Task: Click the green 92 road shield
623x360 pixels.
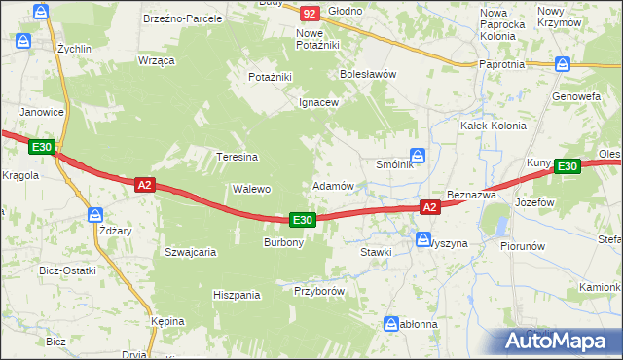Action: click(x=310, y=13)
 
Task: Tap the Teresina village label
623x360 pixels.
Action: click(x=237, y=156)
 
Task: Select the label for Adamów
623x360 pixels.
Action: click(x=332, y=185)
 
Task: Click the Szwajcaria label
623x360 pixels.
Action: click(x=190, y=251)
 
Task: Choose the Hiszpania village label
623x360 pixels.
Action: click(x=238, y=294)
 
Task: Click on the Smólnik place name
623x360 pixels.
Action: click(x=395, y=164)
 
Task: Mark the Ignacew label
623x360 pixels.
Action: click(x=318, y=102)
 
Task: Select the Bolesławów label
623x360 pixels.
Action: click(x=368, y=73)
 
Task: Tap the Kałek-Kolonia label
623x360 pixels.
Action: click(x=493, y=126)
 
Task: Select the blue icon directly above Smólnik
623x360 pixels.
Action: click(x=417, y=154)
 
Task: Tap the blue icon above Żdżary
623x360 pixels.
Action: click(x=94, y=215)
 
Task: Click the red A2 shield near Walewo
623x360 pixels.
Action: click(x=144, y=184)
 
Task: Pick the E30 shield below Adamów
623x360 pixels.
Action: click(x=302, y=221)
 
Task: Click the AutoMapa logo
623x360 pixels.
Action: click(x=560, y=342)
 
